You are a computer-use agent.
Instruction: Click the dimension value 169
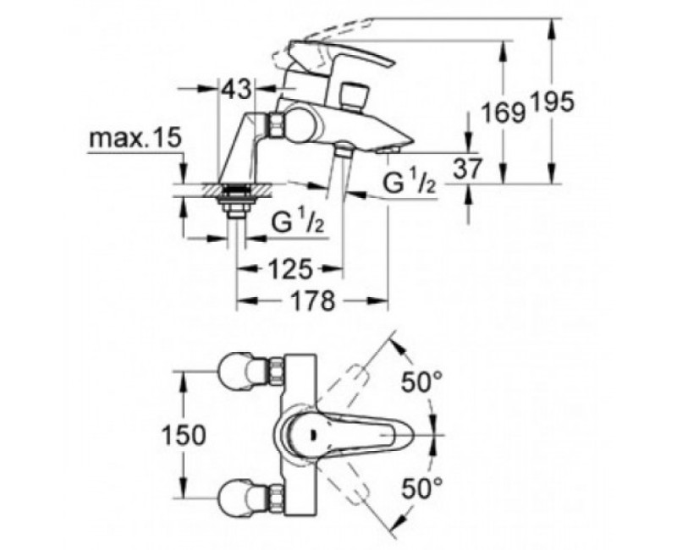point(503,111)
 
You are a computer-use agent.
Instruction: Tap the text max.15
point(135,139)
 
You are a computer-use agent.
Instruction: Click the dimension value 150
point(182,436)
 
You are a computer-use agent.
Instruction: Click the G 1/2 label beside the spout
point(410,183)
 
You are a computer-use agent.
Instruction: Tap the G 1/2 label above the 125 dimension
point(298,223)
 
